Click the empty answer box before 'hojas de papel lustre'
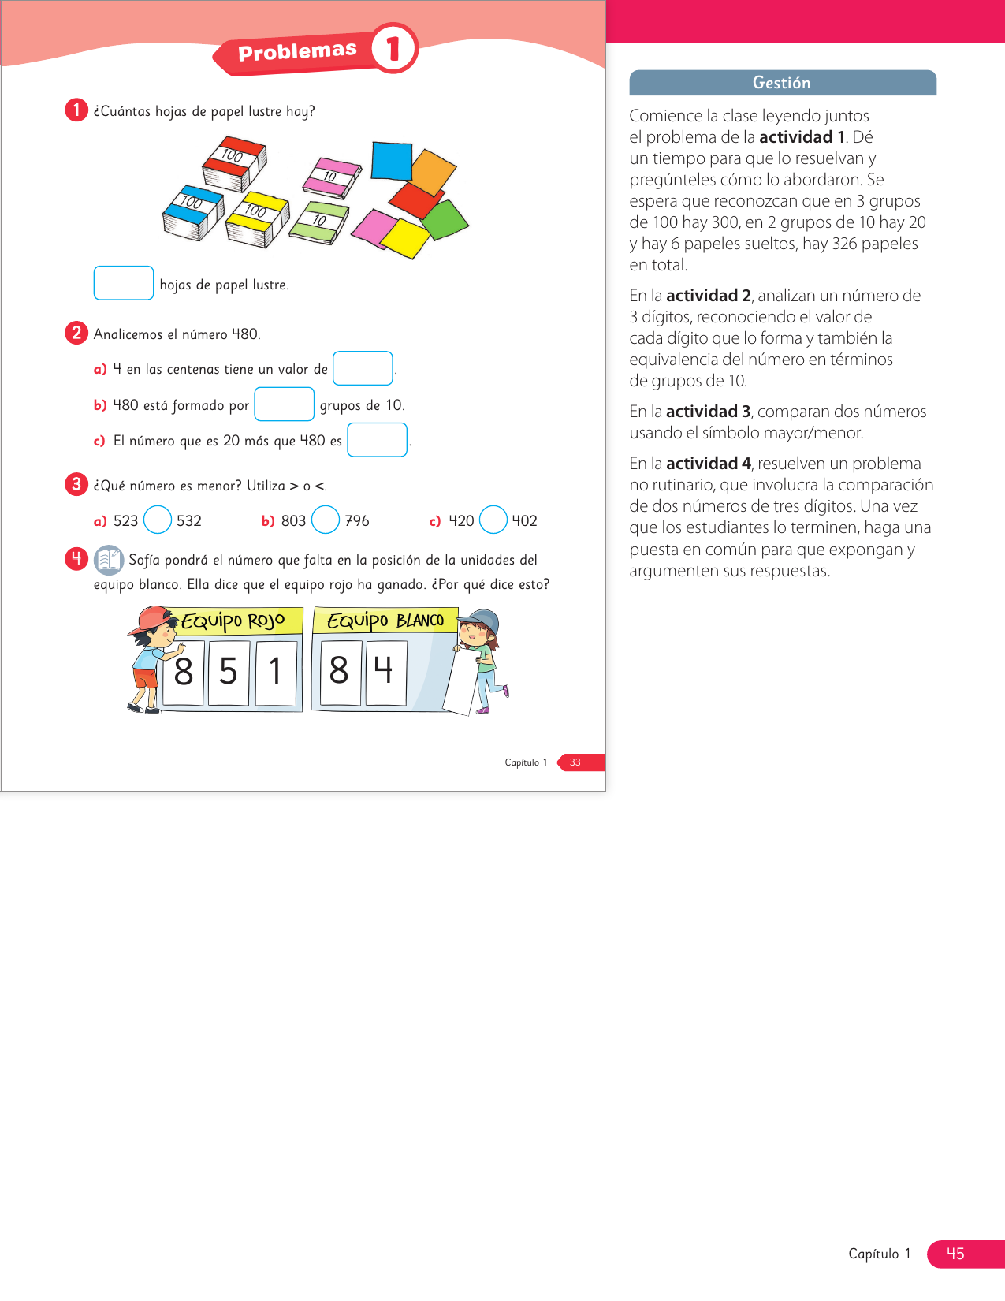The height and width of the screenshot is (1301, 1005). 124,283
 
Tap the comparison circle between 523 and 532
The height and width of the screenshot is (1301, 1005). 158,520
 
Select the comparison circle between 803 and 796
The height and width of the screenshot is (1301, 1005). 326,520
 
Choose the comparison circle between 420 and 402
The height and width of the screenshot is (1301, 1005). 493,520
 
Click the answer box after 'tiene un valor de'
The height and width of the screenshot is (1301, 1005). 363,368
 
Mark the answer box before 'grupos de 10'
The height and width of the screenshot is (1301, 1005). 285,404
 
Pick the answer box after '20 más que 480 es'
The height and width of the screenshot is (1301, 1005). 378,440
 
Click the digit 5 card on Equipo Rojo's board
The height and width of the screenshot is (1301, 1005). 229,673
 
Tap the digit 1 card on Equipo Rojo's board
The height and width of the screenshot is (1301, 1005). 275,673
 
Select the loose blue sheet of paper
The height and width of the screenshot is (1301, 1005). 392,160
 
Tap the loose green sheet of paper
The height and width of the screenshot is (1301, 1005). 445,220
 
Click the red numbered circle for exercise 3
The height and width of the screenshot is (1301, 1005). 76,484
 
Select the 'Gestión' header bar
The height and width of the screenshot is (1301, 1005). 782,83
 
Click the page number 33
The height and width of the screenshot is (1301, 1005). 575,762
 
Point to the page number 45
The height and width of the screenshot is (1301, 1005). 955,1254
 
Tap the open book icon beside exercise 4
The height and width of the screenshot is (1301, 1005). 109,560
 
